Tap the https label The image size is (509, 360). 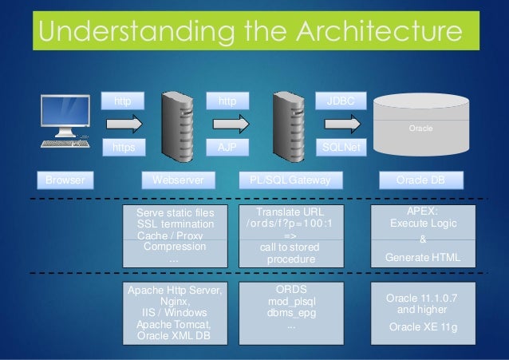click(x=124, y=148)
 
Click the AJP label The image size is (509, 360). click(x=227, y=148)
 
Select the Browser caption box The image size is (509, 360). click(x=66, y=180)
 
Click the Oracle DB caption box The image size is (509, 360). click(x=420, y=180)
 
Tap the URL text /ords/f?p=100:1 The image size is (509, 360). click(x=289, y=224)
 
